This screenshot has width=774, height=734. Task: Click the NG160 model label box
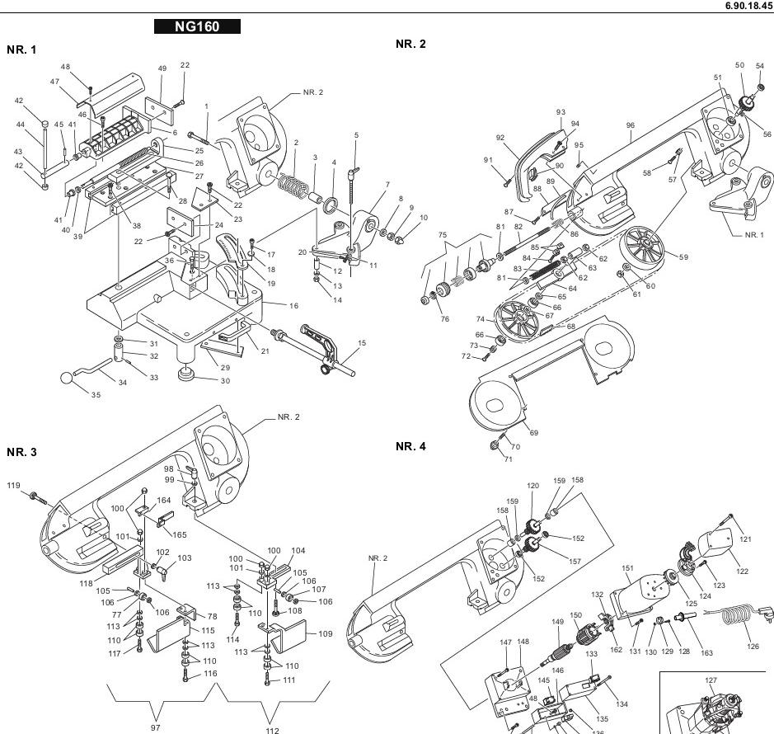coord(197,26)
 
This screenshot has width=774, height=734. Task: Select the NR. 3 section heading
coord(21,452)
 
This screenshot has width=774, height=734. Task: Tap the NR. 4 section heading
coord(410,446)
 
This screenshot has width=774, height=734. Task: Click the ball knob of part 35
coord(68,379)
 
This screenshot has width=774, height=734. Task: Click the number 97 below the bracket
coord(156,728)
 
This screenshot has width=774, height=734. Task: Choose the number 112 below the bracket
coord(273,730)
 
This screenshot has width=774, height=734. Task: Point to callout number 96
coord(630,126)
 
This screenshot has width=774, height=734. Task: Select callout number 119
coord(14,485)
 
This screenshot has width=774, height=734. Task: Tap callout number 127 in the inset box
coord(711,680)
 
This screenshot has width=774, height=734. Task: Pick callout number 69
coord(533,433)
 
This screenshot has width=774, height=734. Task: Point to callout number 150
coord(576,615)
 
